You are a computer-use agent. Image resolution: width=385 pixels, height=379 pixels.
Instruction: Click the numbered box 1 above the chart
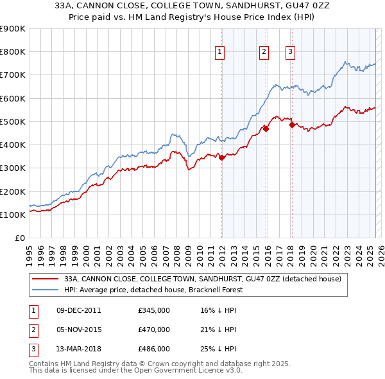(x=219, y=53)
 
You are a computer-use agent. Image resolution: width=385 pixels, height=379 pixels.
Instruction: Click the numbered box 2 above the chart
(x=264, y=53)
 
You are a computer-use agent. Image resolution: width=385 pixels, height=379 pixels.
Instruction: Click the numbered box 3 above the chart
(x=290, y=53)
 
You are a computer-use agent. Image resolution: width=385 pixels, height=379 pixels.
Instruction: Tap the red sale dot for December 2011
(x=222, y=157)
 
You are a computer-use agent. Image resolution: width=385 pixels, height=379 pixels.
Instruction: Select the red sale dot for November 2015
(x=266, y=128)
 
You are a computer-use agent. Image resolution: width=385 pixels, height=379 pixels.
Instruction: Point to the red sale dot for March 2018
(x=292, y=125)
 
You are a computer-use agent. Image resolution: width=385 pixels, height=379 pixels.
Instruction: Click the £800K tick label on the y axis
(x=13, y=52)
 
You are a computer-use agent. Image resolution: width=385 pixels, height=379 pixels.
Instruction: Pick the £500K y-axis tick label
(x=13, y=121)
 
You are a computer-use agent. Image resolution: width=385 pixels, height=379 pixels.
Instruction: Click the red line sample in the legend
(x=46, y=279)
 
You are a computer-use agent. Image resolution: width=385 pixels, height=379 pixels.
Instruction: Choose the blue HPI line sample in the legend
(x=46, y=290)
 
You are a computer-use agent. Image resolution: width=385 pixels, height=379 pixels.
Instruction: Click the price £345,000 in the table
(x=154, y=310)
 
